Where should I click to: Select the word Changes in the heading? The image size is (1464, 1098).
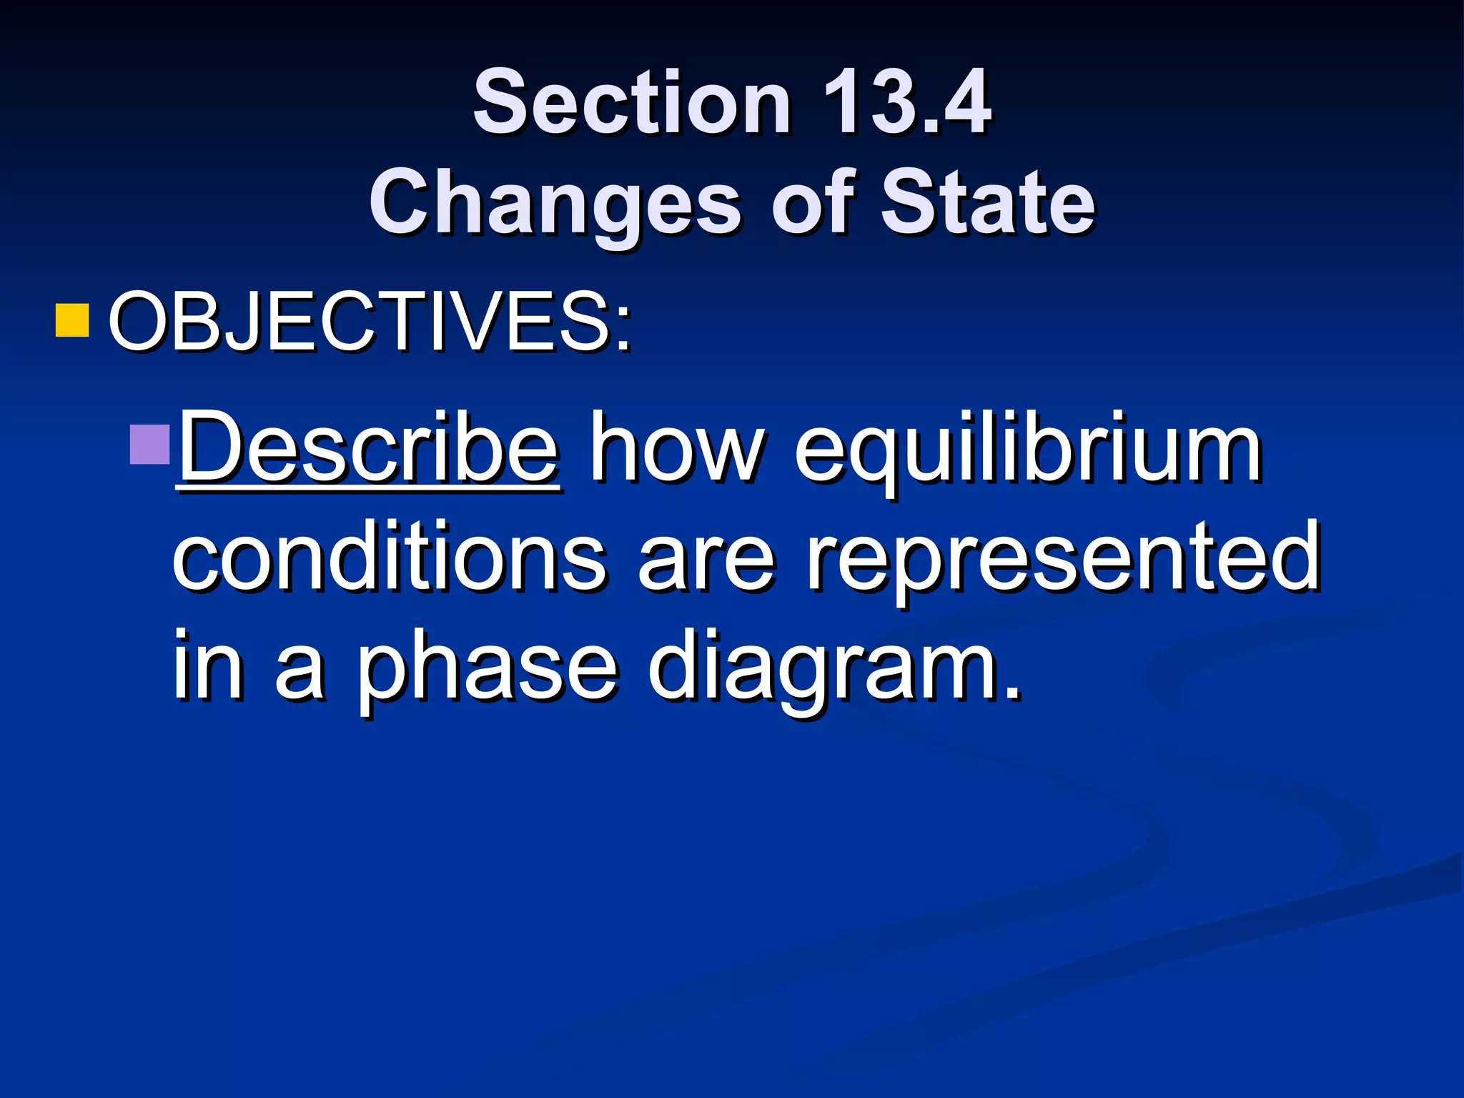555,203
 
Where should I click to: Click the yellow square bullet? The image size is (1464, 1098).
72,320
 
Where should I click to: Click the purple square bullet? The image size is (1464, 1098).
149,444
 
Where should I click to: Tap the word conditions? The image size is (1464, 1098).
389,558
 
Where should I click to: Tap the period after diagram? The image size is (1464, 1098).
1011,690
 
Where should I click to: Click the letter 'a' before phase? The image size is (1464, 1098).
300,668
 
